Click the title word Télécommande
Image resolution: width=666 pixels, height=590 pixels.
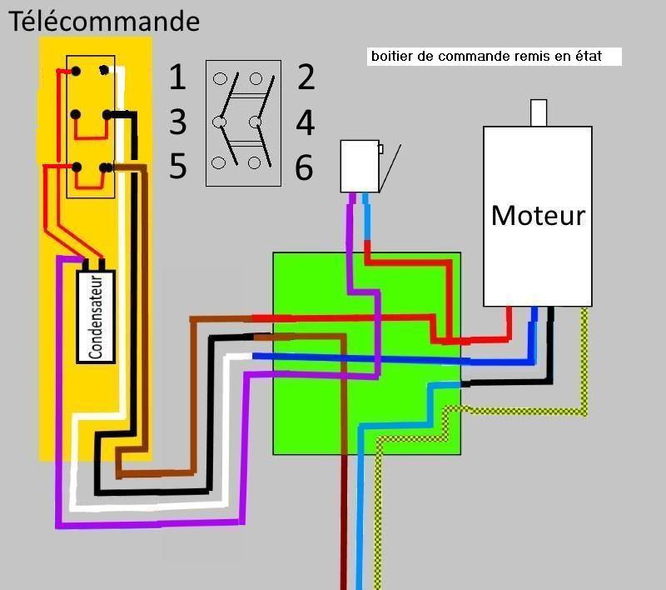104,20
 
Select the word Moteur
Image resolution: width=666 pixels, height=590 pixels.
538,215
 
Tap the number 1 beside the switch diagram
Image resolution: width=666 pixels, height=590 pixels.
177,77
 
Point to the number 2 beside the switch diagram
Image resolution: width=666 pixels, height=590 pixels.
306,77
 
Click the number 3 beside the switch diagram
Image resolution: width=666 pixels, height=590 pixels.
177,122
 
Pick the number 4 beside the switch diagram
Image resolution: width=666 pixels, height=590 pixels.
306,123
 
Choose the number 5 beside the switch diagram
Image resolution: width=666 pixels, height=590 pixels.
177,167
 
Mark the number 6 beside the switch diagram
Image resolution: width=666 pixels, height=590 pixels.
304,168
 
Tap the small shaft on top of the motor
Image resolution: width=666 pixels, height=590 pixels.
539,113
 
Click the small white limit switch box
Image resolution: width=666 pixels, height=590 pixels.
360,166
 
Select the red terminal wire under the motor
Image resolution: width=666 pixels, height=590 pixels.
509,321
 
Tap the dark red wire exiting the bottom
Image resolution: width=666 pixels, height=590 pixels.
342,533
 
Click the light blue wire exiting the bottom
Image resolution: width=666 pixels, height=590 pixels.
360,533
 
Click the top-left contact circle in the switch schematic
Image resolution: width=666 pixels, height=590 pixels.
220,79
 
